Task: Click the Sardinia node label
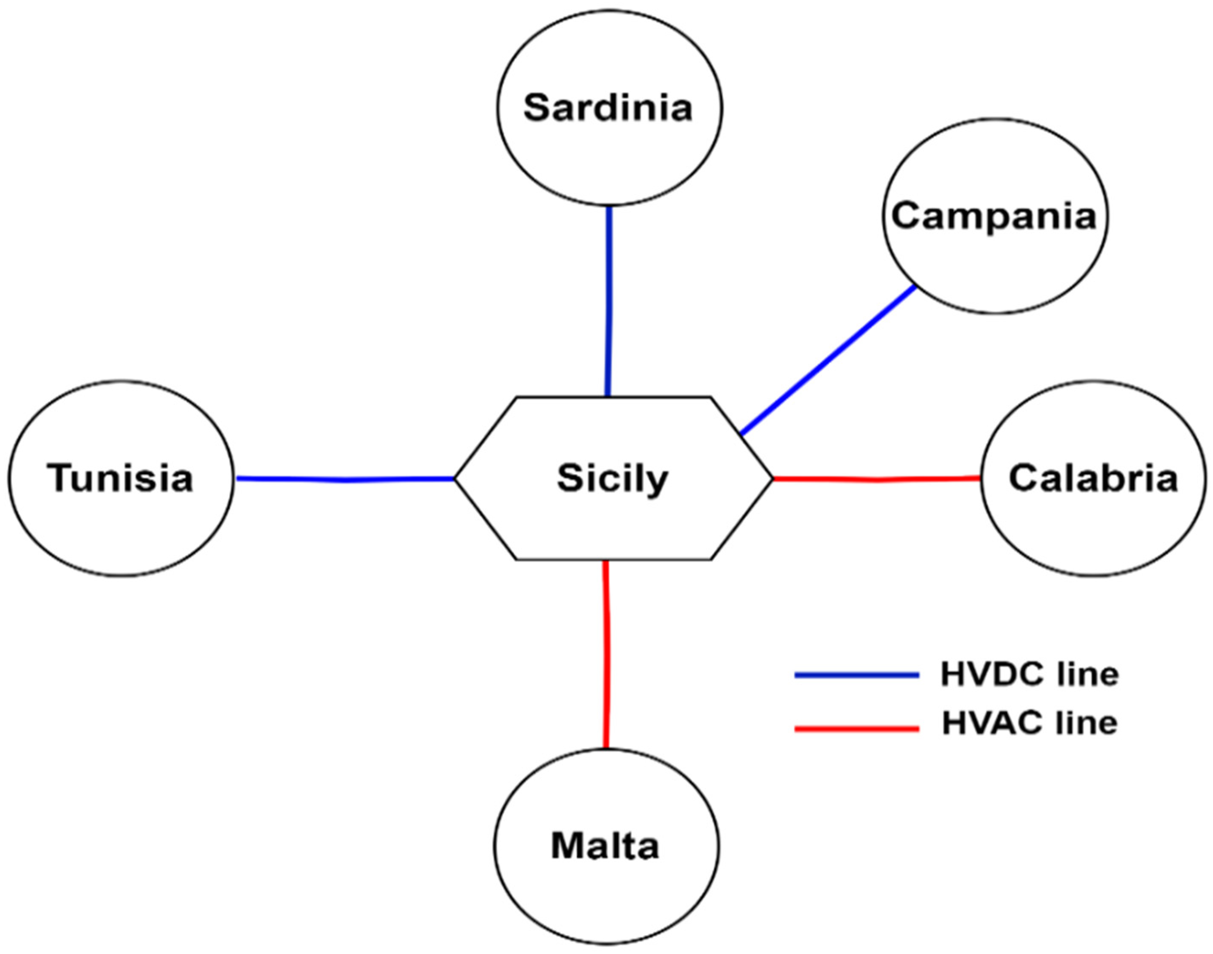(608, 108)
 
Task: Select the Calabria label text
(1093, 478)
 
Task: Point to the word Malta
(605, 846)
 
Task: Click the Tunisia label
(120, 479)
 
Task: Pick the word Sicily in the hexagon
(613, 479)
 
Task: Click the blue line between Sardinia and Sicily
(609, 302)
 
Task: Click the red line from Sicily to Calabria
(877, 479)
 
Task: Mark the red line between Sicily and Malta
(606, 654)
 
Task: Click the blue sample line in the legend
(857, 675)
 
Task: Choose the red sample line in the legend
(857, 728)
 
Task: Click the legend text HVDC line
(1029, 675)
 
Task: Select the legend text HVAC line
(1029, 724)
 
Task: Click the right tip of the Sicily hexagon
(773, 479)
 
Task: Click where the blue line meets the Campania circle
(915, 287)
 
